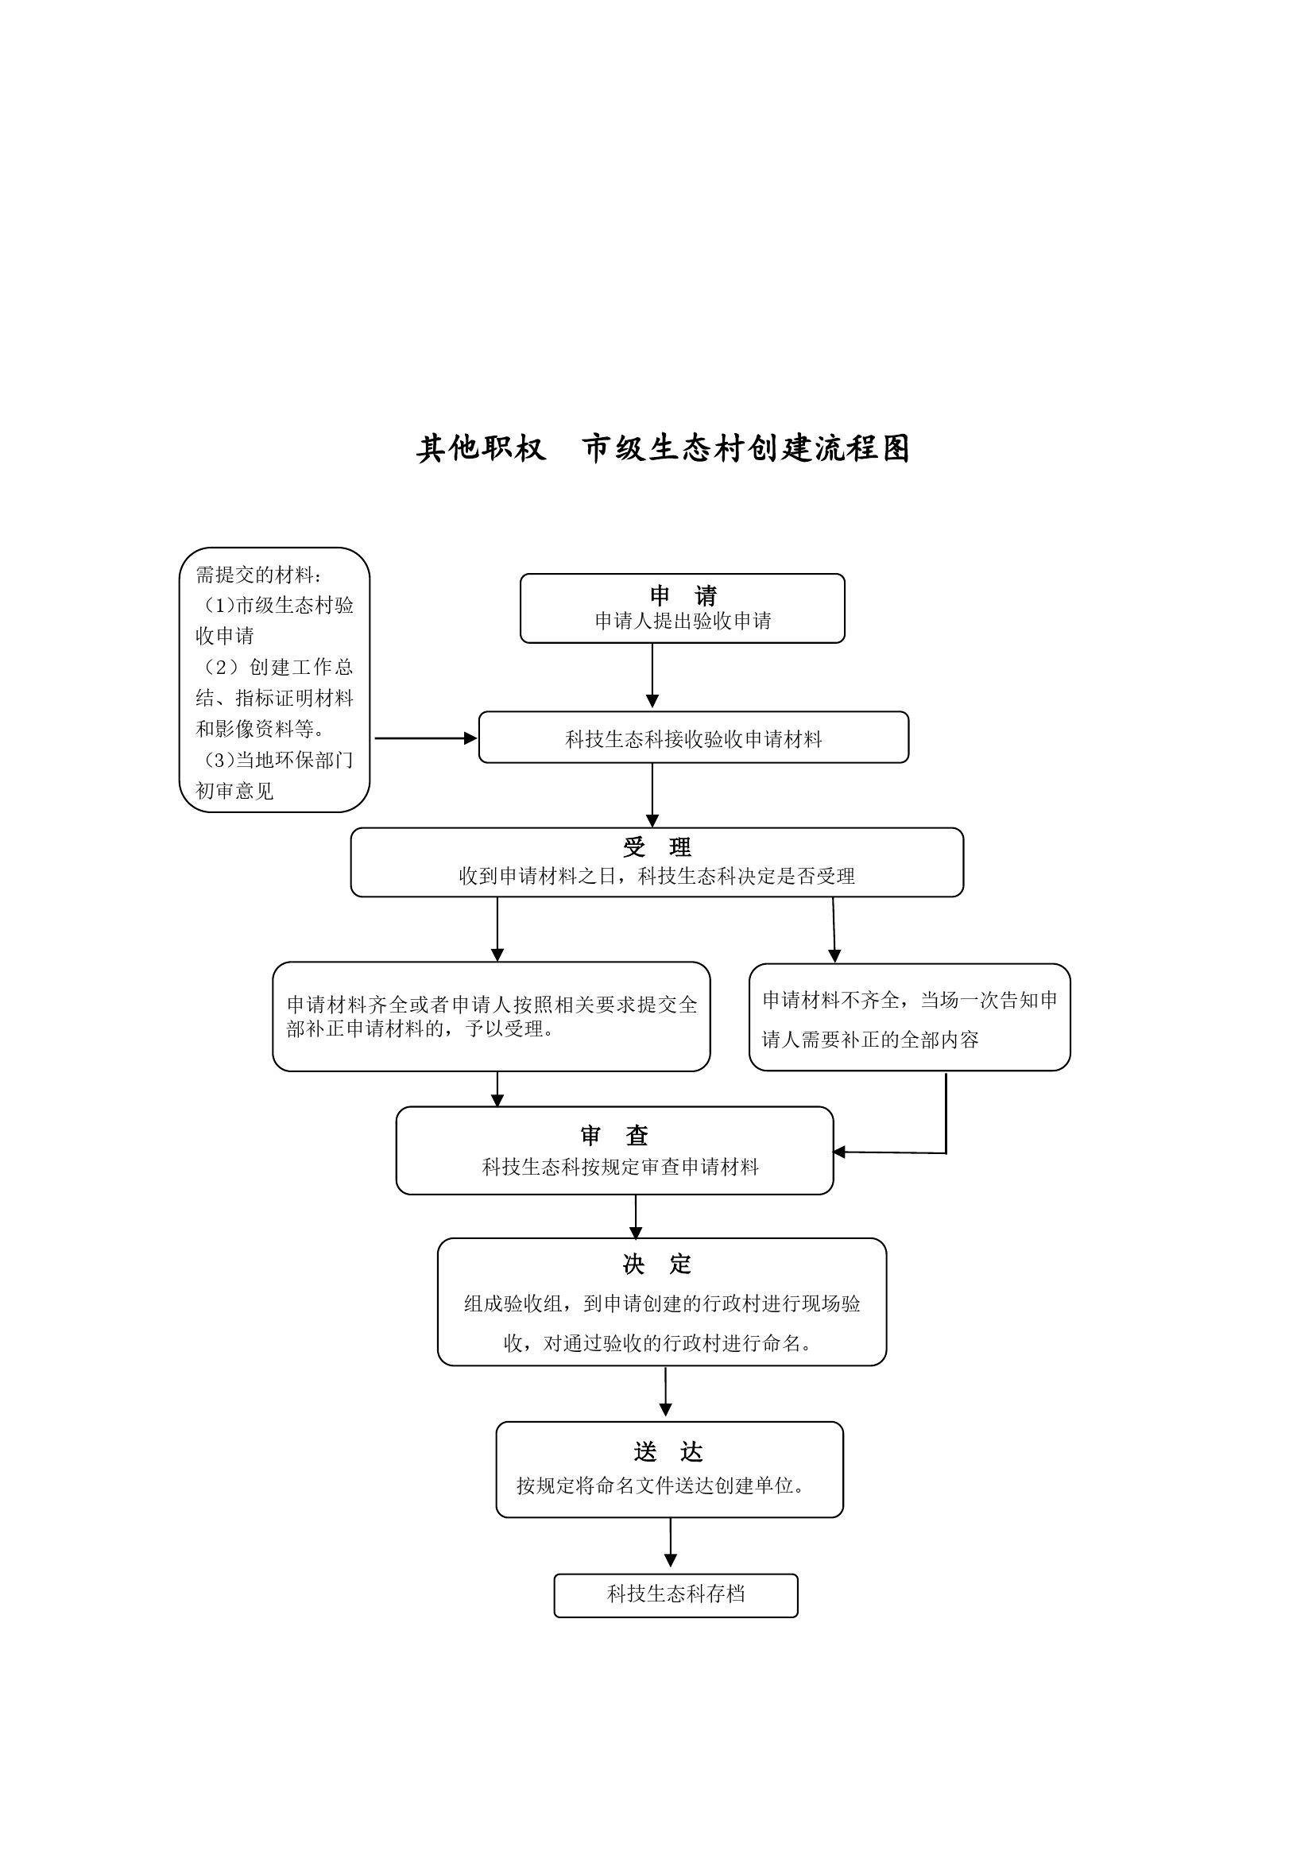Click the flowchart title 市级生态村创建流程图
tap(746, 448)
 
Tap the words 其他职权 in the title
tap(482, 448)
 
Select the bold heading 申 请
tap(683, 595)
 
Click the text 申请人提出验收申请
tap(683, 621)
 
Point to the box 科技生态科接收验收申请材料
tap(694, 738)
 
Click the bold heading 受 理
tap(657, 846)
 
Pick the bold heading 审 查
tap(614, 1135)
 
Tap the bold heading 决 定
tap(657, 1264)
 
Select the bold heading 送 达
tap(668, 1451)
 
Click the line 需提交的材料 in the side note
tap(258, 575)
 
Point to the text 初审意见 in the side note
tap(235, 791)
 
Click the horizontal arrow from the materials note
tap(425, 738)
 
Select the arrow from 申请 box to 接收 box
tap(652, 675)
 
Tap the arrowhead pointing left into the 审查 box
tap(839, 1152)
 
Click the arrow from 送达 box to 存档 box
tap(670, 1542)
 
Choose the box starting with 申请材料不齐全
tap(909, 1017)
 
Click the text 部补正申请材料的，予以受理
tap(420, 1029)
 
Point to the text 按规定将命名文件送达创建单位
tap(660, 1485)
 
